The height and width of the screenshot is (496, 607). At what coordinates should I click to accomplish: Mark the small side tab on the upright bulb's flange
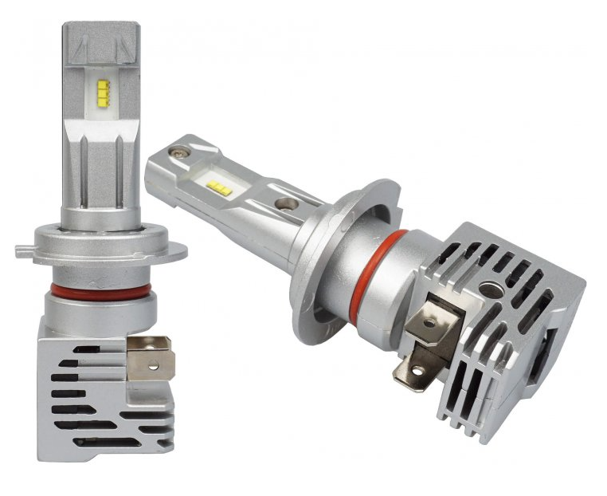click(24, 252)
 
